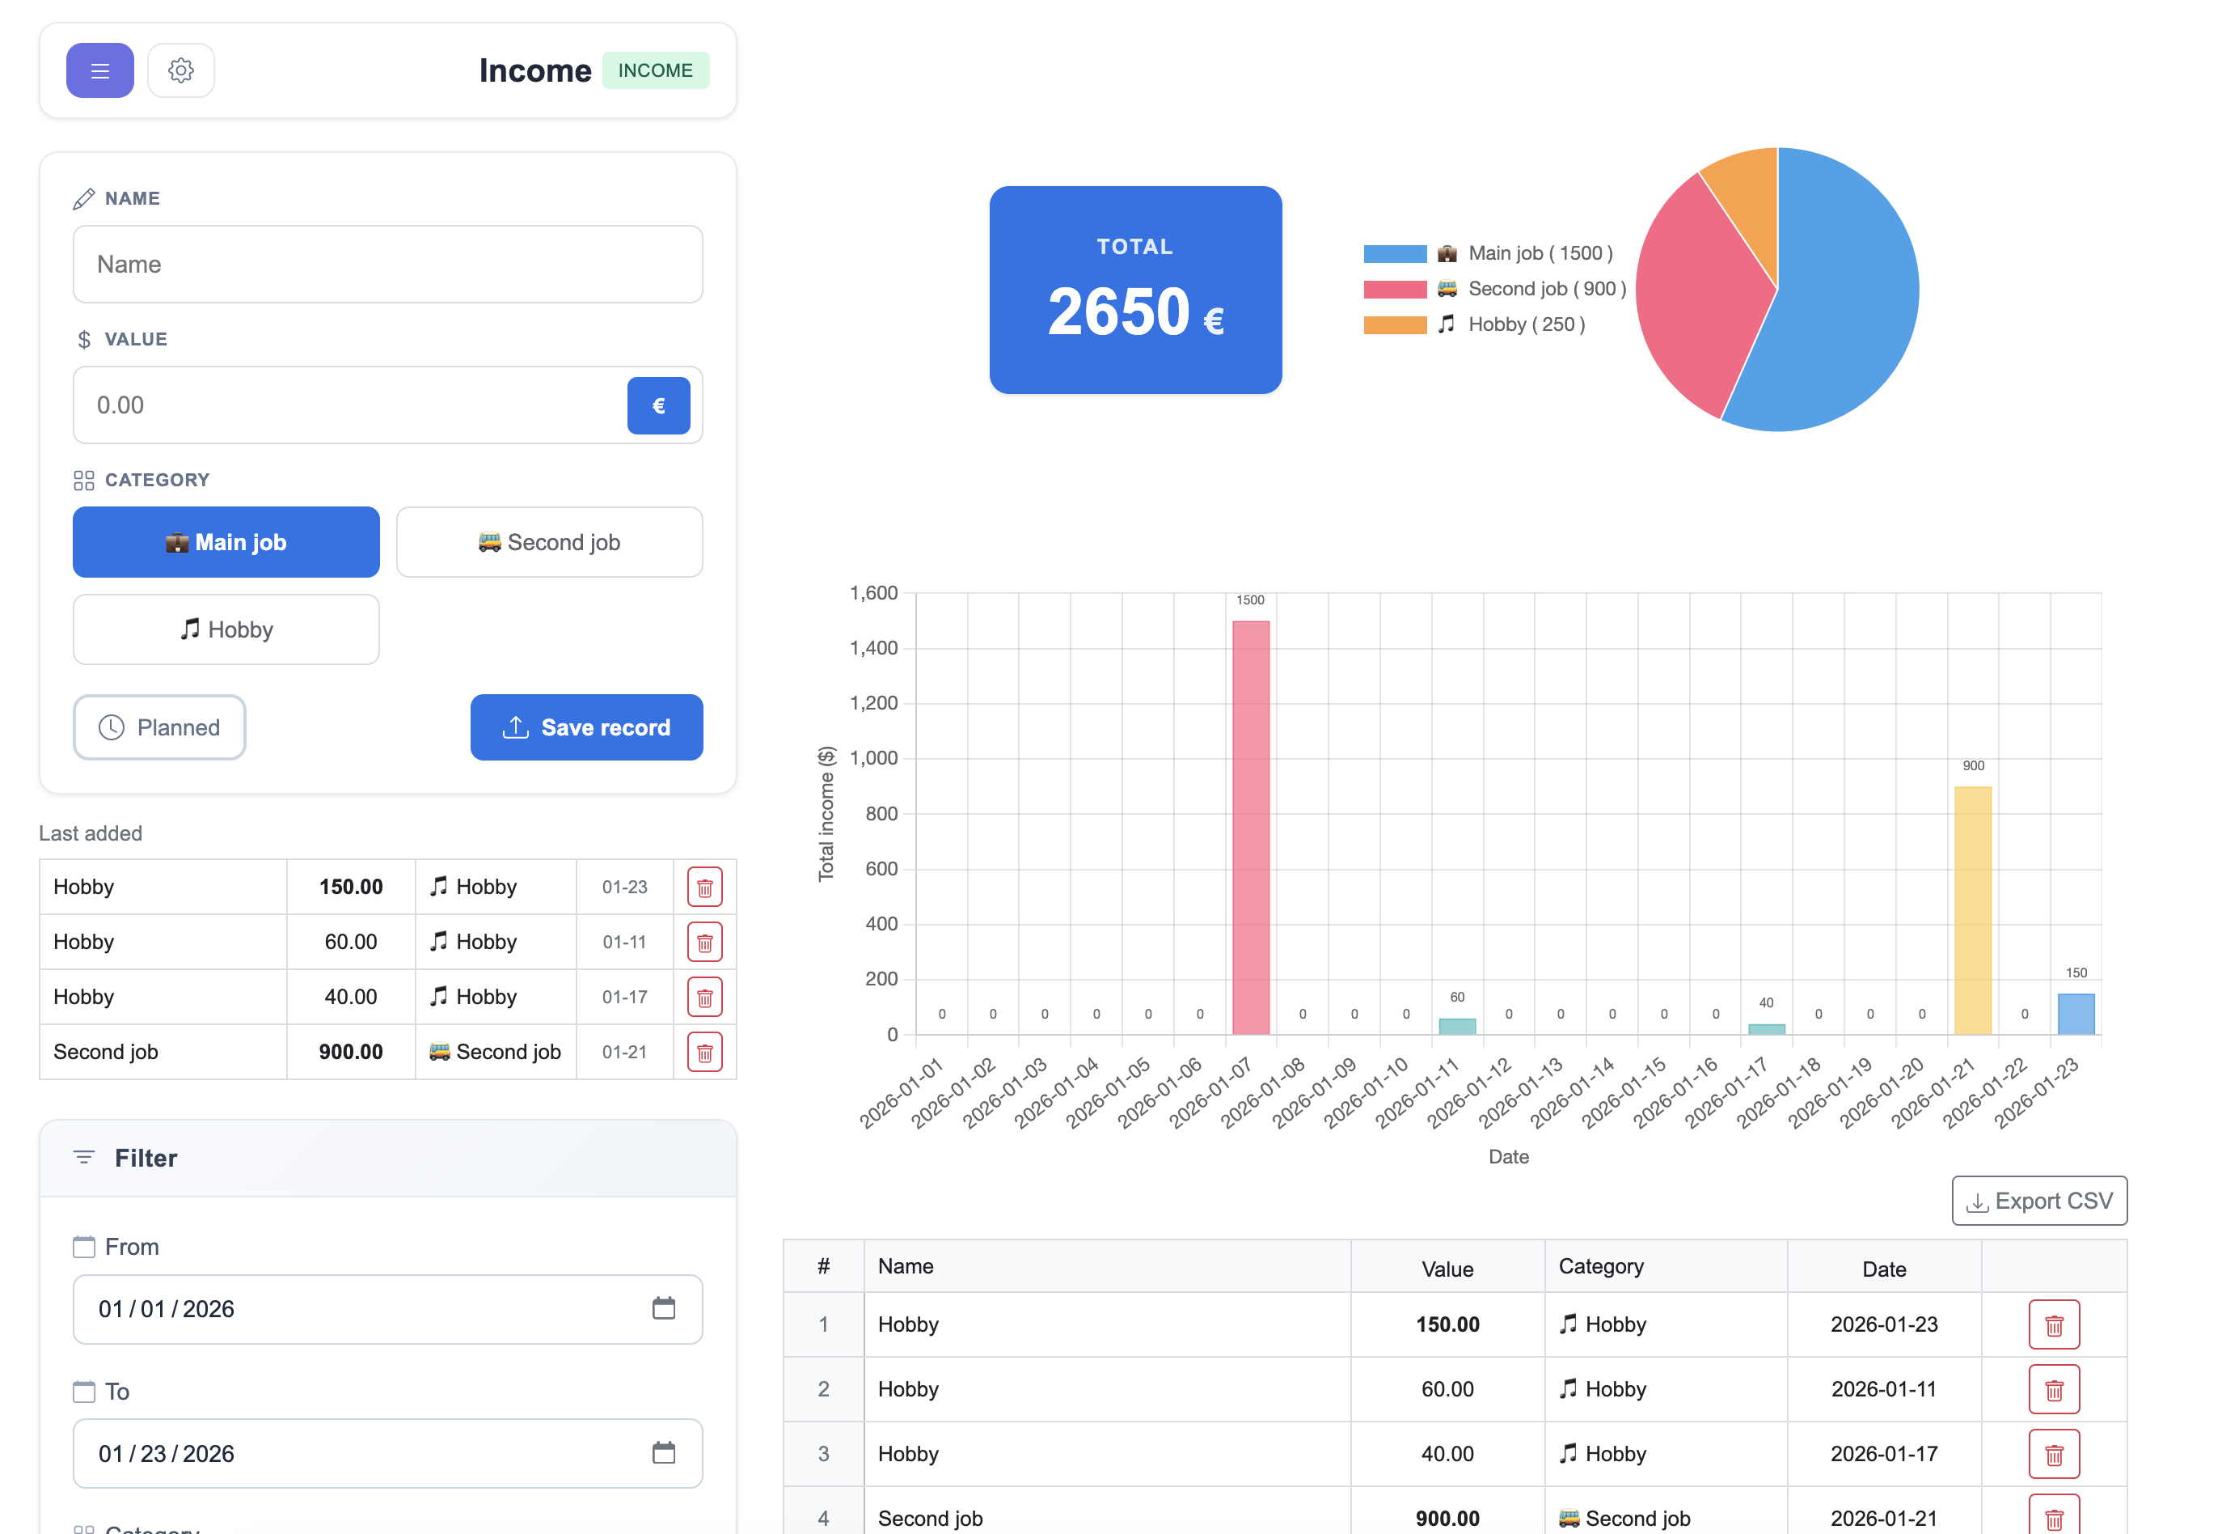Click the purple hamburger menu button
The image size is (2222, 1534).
pos(100,70)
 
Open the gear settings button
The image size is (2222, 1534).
pos(180,70)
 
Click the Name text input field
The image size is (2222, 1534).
pos(387,265)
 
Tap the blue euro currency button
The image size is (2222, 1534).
pos(658,405)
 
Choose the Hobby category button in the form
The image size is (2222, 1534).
pos(226,629)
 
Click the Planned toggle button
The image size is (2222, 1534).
pos(159,727)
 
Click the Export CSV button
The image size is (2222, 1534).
pos(2038,1201)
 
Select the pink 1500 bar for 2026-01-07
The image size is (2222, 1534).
pos(1250,827)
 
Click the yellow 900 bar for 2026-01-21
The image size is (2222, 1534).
pos(1972,909)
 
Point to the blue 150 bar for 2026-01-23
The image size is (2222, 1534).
pos(2075,1014)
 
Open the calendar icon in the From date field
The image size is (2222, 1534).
pos(664,1308)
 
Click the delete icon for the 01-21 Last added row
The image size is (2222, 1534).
pos(704,1053)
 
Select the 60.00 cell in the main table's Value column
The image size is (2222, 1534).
pos(1446,1389)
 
